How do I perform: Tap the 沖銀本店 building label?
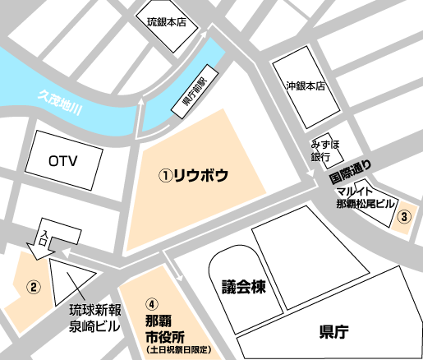click(306, 85)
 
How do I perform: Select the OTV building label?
click(62, 160)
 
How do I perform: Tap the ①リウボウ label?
click(193, 175)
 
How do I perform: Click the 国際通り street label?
click(349, 174)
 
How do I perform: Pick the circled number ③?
click(404, 217)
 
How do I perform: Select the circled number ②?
click(33, 287)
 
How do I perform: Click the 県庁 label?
click(333, 332)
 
